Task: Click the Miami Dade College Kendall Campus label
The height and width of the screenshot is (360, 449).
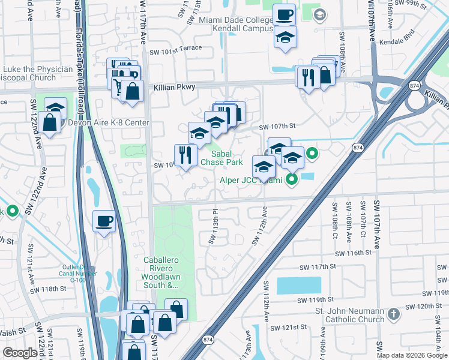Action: coord(236,25)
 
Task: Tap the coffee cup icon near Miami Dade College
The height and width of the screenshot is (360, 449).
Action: coord(285,14)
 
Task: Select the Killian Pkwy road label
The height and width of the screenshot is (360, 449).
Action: coord(175,88)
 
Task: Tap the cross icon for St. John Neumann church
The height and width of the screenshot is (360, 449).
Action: coord(393,314)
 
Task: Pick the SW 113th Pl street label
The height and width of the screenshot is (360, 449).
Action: coord(213,226)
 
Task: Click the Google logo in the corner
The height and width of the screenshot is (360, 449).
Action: coord(20,353)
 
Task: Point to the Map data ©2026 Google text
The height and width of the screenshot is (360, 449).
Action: coord(412,355)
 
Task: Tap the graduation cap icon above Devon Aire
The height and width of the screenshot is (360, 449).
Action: coord(55,107)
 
